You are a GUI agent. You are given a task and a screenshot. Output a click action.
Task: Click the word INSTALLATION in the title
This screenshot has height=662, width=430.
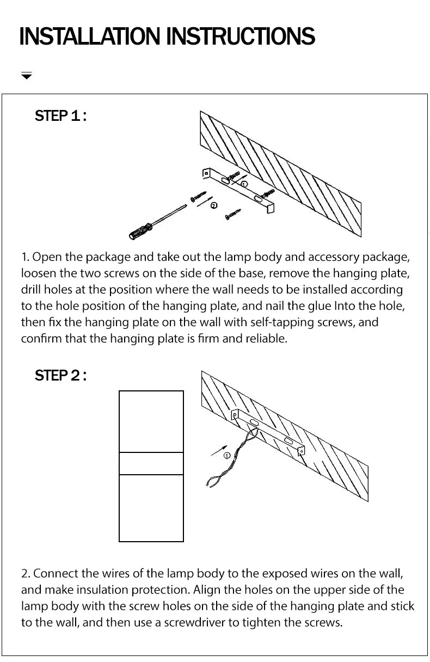90,36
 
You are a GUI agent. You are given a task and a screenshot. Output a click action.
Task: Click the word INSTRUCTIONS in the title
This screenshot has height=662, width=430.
240,36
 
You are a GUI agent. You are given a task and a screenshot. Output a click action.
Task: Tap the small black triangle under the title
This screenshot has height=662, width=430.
27,76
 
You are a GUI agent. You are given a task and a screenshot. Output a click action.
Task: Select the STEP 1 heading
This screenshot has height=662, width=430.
60,116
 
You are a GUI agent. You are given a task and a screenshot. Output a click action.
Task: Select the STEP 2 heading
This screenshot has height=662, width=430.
60,376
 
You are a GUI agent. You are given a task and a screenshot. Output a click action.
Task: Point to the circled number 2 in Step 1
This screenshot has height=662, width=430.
214,205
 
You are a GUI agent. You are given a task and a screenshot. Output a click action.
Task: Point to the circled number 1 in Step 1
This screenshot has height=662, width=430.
244,184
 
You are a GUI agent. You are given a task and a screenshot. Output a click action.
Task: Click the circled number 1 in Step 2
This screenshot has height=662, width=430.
227,455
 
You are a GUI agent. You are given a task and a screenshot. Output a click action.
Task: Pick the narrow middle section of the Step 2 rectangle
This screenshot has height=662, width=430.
151,463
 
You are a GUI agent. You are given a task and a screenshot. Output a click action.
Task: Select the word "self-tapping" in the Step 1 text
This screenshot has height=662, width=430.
279,322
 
